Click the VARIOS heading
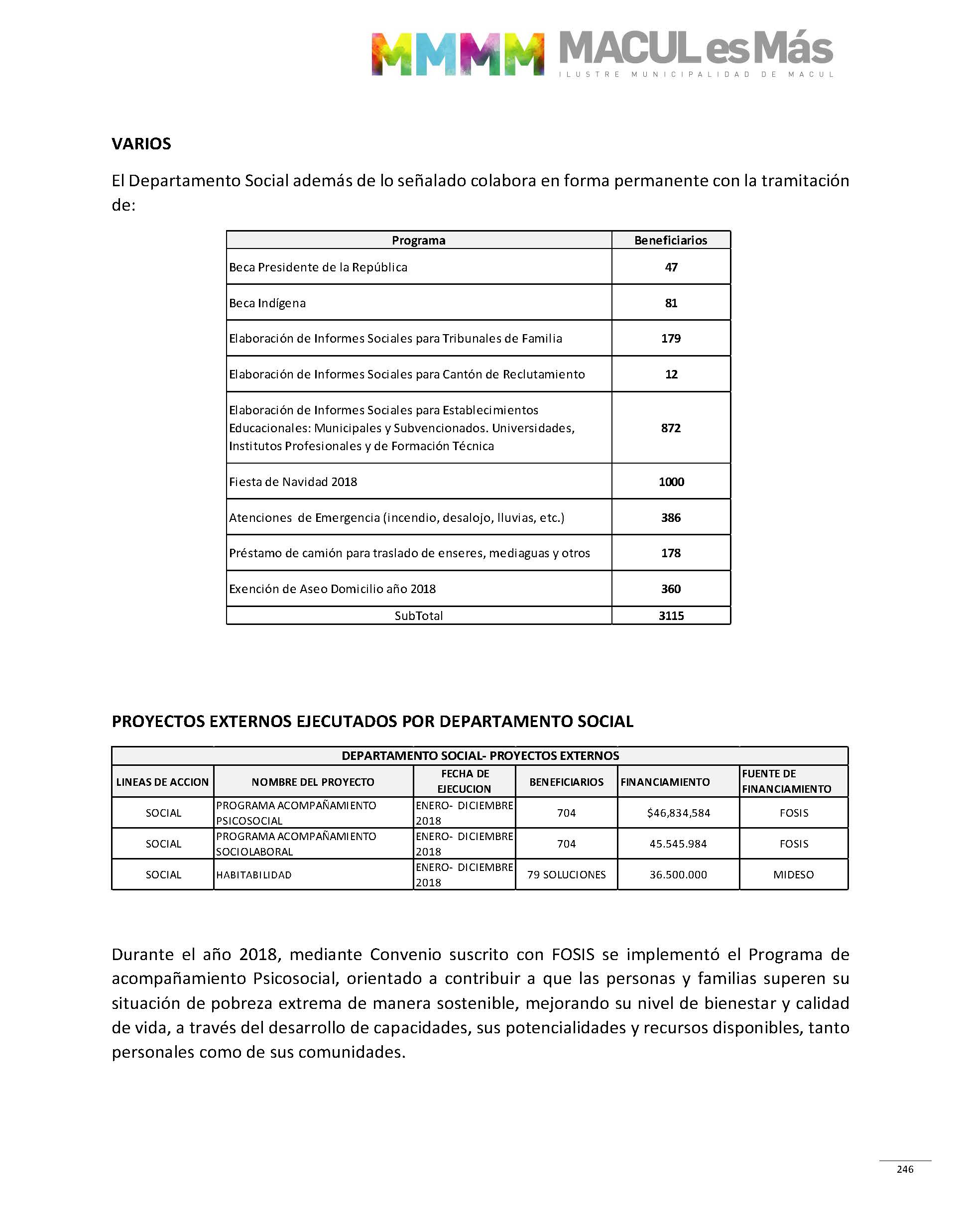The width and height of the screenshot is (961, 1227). pyautogui.click(x=141, y=143)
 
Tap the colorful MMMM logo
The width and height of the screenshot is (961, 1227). pyautogui.click(x=458, y=54)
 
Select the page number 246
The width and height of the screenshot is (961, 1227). pyautogui.click(x=905, y=1169)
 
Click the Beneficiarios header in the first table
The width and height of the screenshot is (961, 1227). pyautogui.click(x=671, y=240)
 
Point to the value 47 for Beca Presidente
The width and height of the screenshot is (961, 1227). pyautogui.click(x=671, y=267)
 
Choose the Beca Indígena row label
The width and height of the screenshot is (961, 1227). pyautogui.click(x=267, y=303)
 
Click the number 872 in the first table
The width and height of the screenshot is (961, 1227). pyautogui.click(x=671, y=428)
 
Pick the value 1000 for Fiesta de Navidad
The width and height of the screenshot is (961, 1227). pyautogui.click(x=671, y=482)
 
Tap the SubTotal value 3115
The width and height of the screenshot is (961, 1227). pyautogui.click(x=671, y=615)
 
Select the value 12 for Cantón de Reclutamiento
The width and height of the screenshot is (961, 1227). pyautogui.click(x=671, y=374)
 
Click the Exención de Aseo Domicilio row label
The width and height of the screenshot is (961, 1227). pyautogui.click(x=332, y=589)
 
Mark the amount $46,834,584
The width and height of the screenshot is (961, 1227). pyautogui.click(x=678, y=813)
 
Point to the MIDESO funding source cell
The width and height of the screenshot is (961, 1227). pyautogui.click(x=793, y=875)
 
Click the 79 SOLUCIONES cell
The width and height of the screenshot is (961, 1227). pyautogui.click(x=566, y=875)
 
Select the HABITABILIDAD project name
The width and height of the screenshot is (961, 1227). pyautogui.click(x=254, y=875)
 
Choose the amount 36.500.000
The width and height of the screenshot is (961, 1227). pyautogui.click(x=678, y=875)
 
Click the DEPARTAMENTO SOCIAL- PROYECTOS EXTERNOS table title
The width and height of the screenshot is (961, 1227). pyautogui.click(x=480, y=755)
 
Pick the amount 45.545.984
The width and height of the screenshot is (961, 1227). pyautogui.click(x=678, y=844)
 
